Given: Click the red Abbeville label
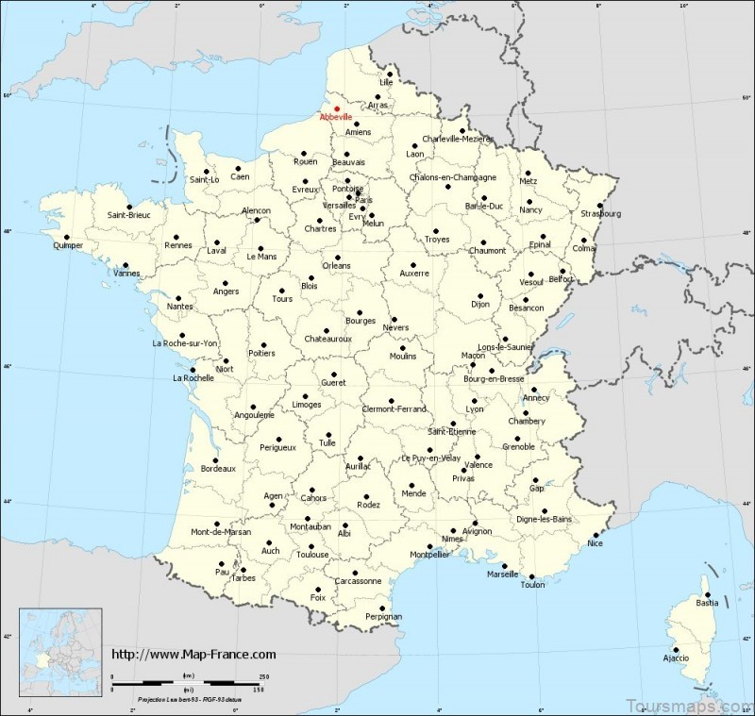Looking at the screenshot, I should [x=335, y=118].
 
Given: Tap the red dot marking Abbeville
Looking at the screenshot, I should [x=337, y=108].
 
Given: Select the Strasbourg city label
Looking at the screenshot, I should [x=602, y=214].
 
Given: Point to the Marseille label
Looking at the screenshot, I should [x=502, y=574].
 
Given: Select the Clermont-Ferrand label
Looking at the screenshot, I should [x=394, y=408].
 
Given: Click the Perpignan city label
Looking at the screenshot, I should [x=382, y=616].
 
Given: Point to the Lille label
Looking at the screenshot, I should [x=385, y=83].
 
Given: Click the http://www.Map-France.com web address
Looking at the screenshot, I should [x=194, y=654].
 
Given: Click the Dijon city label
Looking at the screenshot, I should [x=481, y=304].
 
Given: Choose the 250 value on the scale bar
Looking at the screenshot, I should [x=263, y=676].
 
